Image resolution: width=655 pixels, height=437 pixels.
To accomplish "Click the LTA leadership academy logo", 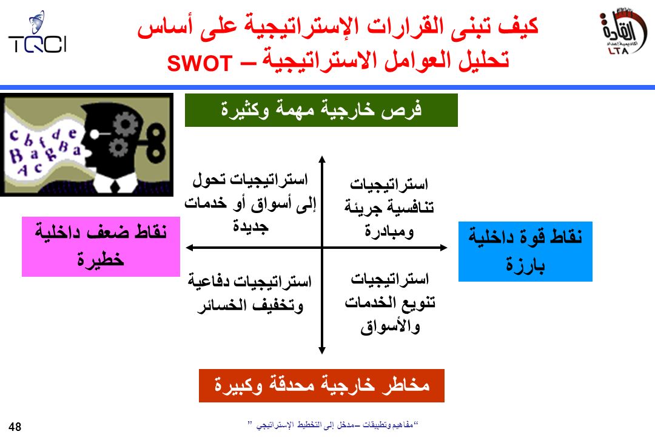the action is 622,32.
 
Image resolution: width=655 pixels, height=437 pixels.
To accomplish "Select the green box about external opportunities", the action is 321,110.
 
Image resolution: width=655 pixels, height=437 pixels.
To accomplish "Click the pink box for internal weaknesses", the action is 101,246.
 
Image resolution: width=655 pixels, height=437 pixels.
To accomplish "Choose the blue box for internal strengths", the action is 525,251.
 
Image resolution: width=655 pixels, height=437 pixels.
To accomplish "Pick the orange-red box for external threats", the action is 321,385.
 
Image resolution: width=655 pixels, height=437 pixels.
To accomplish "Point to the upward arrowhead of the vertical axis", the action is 321,160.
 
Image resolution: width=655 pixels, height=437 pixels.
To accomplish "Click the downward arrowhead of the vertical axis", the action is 321,350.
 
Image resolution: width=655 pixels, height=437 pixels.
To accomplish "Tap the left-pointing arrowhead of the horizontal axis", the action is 190,248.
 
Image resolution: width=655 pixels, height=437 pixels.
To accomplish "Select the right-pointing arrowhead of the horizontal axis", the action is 443,248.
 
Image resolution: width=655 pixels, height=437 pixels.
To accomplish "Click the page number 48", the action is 15,427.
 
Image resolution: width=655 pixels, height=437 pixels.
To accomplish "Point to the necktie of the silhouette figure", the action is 115,186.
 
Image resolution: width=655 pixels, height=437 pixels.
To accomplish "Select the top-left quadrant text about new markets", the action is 250,203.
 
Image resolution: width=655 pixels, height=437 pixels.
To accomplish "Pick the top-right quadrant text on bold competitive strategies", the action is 389,208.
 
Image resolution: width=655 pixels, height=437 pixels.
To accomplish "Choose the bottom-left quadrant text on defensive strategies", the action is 250,293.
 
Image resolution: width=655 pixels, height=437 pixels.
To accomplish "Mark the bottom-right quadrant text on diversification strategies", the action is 390,303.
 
